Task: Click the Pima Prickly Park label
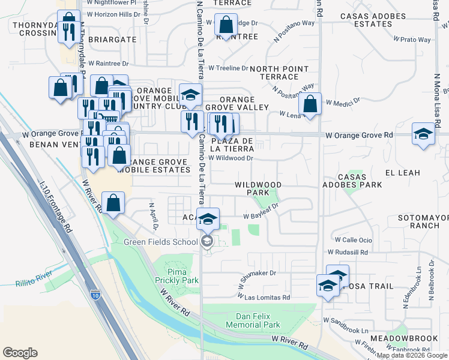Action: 182,276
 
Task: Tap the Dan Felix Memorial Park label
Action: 253,320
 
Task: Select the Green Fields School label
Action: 160,242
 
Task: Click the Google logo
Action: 20,353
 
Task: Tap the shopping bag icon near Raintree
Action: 226,25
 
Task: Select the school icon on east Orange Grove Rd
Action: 423,134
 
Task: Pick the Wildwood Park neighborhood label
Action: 258,188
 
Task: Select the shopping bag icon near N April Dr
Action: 113,203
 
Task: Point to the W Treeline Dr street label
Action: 228,68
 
